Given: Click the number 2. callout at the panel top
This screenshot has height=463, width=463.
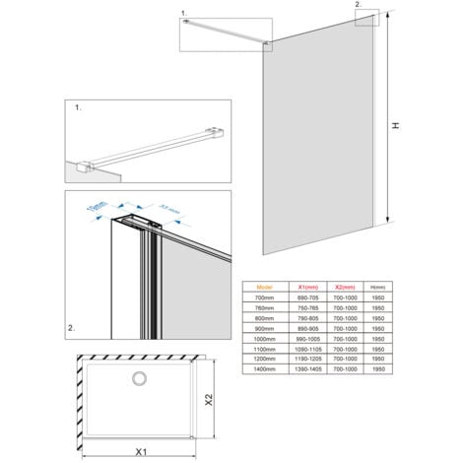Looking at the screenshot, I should pos(358,6).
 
